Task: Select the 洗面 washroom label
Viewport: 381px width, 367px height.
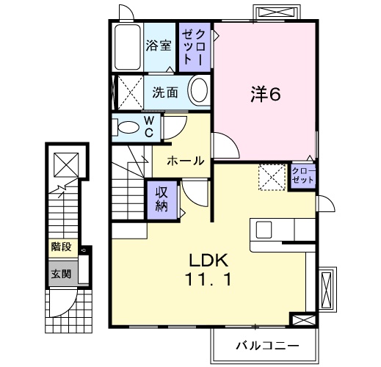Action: point(164,93)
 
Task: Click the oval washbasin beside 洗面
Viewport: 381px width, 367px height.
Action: point(198,92)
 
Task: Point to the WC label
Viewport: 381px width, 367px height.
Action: point(148,126)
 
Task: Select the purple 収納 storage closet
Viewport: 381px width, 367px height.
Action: point(161,197)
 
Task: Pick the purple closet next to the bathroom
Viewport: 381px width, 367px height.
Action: point(195,46)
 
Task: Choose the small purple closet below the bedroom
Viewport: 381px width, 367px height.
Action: point(302,175)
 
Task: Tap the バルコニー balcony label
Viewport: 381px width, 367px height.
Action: point(266,344)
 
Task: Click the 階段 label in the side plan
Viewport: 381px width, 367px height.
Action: point(61,247)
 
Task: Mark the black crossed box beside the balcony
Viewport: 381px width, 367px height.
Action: point(301,321)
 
